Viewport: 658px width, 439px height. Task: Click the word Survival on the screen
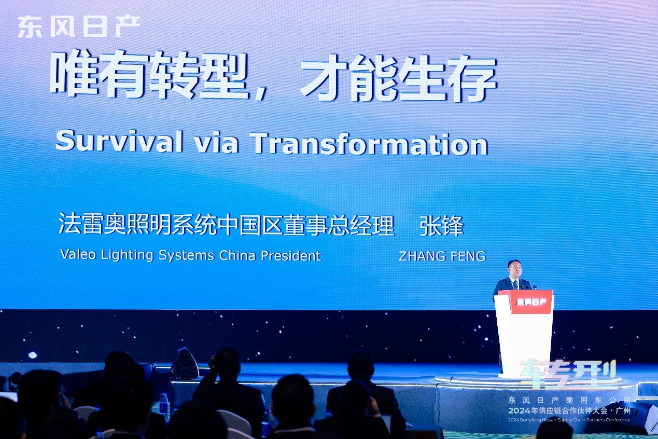click(x=119, y=143)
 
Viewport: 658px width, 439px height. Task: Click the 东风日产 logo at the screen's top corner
click(x=79, y=27)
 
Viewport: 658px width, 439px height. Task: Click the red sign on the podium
click(x=531, y=302)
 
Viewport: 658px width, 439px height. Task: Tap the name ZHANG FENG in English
click(x=442, y=256)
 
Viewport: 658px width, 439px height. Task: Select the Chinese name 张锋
click(x=442, y=226)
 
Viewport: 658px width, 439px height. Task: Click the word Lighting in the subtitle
click(x=127, y=255)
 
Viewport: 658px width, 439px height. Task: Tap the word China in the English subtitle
click(x=237, y=255)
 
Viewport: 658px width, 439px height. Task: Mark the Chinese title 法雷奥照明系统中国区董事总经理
click(x=226, y=225)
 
